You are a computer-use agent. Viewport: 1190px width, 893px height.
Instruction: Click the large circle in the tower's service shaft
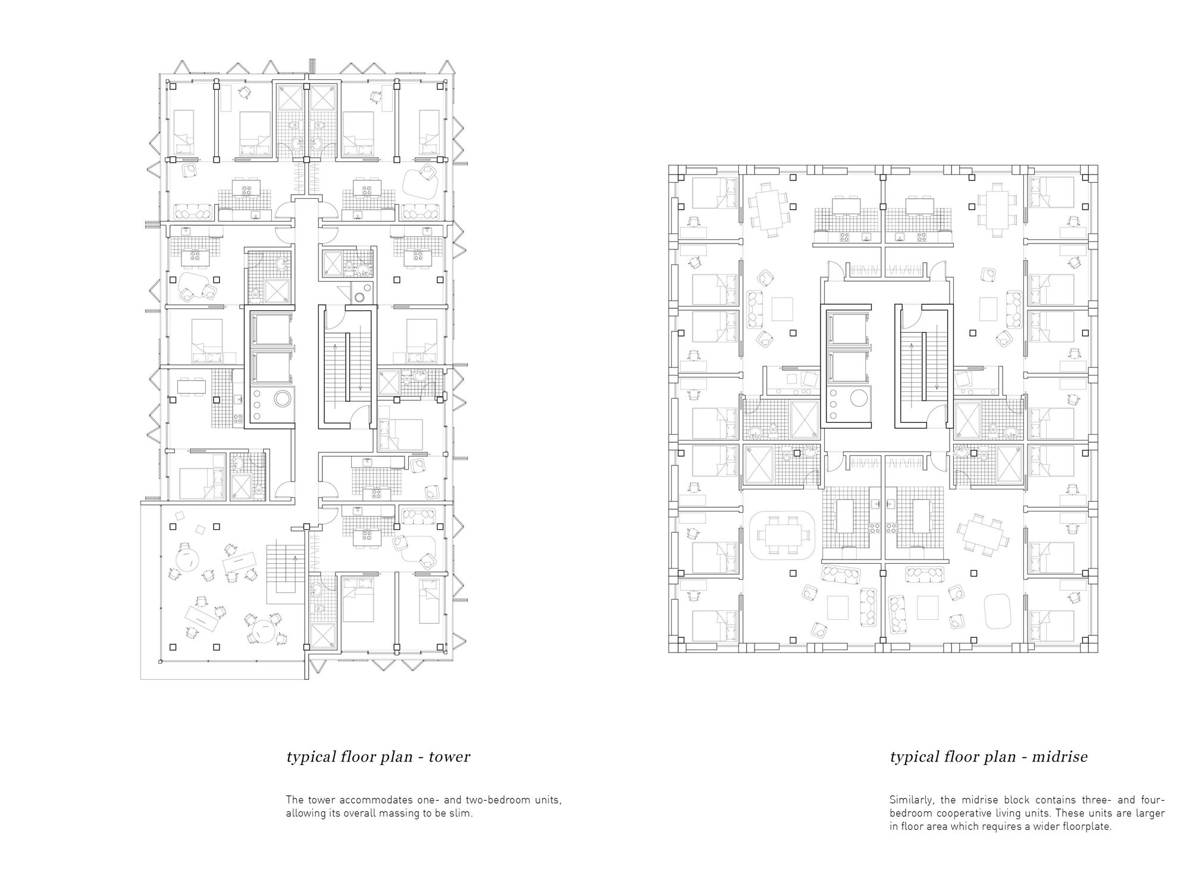[283, 398]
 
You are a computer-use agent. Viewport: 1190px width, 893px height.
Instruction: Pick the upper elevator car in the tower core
[270, 328]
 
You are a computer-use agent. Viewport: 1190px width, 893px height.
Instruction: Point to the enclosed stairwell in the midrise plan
[921, 366]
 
